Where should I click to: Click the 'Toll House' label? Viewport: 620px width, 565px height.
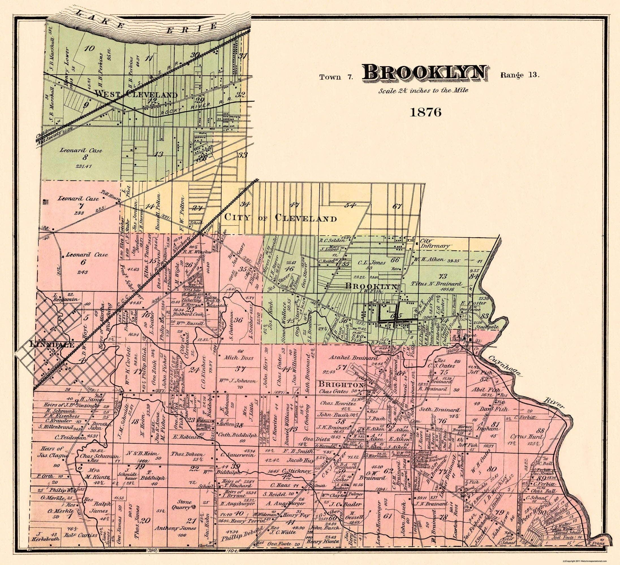pos(109,197)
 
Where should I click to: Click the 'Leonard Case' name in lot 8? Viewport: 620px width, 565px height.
pos(81,151)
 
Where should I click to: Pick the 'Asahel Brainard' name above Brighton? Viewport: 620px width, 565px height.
pos(346,358)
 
